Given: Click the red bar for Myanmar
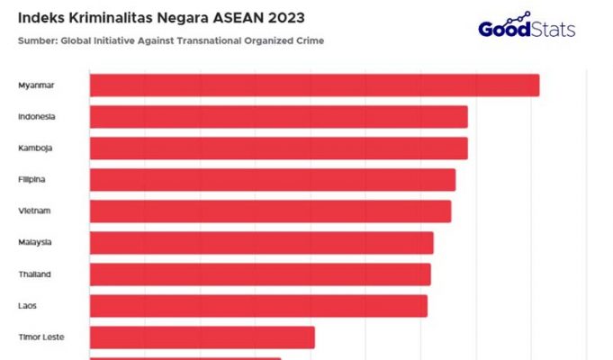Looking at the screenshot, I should [x=314, y=85].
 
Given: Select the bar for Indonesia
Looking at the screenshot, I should [x=278, y=117].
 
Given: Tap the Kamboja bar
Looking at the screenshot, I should [x=278, y=148].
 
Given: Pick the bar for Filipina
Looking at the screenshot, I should [x=272, y=180].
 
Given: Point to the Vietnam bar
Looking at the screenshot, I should [x=270, y=211].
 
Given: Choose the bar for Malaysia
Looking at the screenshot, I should [x=261, y=243].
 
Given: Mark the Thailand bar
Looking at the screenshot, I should [x=260, y=274].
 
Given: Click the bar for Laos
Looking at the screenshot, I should [x=258, y=306].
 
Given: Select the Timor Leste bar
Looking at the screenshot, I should [x=203, y=337].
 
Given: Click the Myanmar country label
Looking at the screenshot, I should [x=36, y=85].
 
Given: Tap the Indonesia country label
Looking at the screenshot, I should [x=37, y=117].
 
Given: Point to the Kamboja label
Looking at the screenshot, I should [x=35, y=148].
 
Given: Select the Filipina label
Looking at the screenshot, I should [x=32, y=180].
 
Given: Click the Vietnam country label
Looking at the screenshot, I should [x=34, y=211].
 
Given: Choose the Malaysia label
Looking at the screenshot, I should [x=35, y=243].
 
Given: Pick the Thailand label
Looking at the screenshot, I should [x=35, y=274].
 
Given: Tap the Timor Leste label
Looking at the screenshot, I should [x=41, y=337].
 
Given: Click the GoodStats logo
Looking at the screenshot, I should [x=527, y=27].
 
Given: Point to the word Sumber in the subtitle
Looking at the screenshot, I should [x=35, y=41].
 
